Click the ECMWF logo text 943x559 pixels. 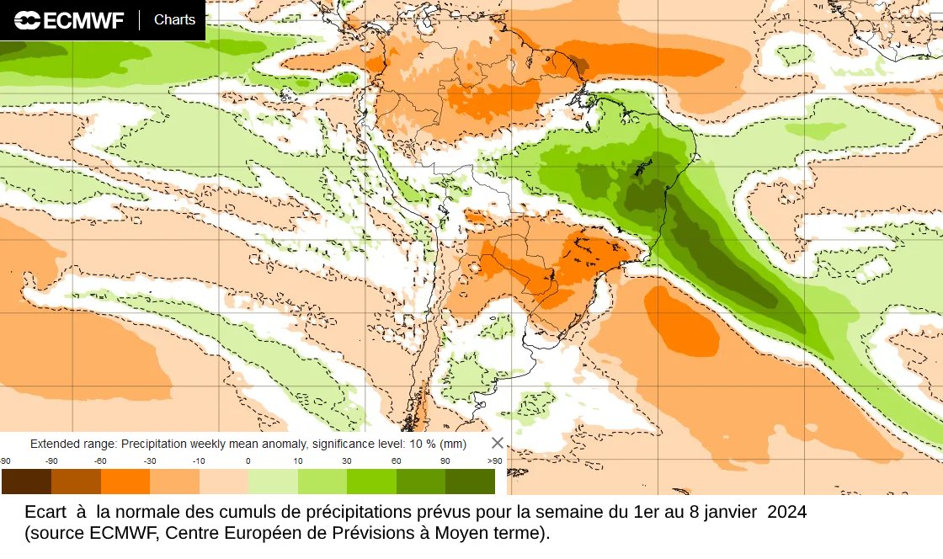pyautogui.click(x=82, y=20)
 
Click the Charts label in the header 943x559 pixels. pyautogui.click(x=174, y=19)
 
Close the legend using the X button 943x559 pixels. pyautogui.click(x=498, y=443)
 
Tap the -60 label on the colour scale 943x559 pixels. pyautogui.click(x=100, y=461)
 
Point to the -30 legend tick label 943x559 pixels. pyautogui.click(x=150, y=461)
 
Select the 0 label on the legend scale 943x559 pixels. pyautogui.click(x=248, y=461)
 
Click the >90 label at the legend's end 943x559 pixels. pyautogui.click(x=494, y=461)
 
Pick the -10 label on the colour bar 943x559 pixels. pyautogui.click(x=199, y=461)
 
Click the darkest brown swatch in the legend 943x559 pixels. pyautogui.click(x=26, y=482)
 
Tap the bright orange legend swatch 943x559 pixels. pyautogui.click(x=125, y=482)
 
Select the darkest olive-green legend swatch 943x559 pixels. pyautogui.click(x=470, y=482)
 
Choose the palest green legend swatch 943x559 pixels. pyautogui.click(x=273, y=482)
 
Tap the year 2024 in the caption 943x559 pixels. pyautogui.click(x=786, y=512)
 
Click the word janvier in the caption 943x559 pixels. pyautogui.click(x=734, y=512)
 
